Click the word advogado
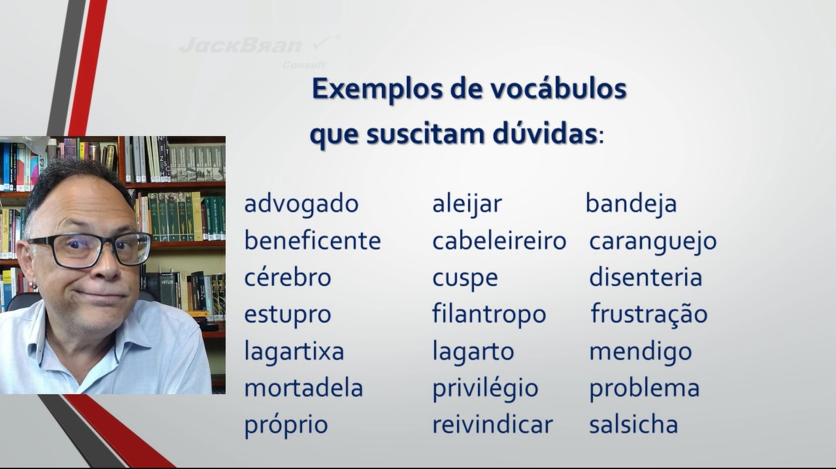click(301, 204)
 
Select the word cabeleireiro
click(499, 241)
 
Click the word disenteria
click(646, 277)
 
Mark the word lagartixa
click(294, 351)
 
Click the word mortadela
click(303, 388)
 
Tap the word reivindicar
click(492, 424)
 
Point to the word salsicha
click(634, 424)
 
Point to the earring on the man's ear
click(34, 286)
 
